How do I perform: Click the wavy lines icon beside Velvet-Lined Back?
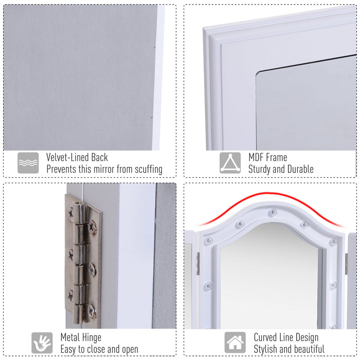28,163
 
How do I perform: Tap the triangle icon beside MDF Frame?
230,163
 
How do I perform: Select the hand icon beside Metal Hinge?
42,343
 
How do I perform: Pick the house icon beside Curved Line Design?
235,343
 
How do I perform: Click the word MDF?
257,157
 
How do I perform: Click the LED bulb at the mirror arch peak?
272,212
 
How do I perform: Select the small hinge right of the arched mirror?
346,263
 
